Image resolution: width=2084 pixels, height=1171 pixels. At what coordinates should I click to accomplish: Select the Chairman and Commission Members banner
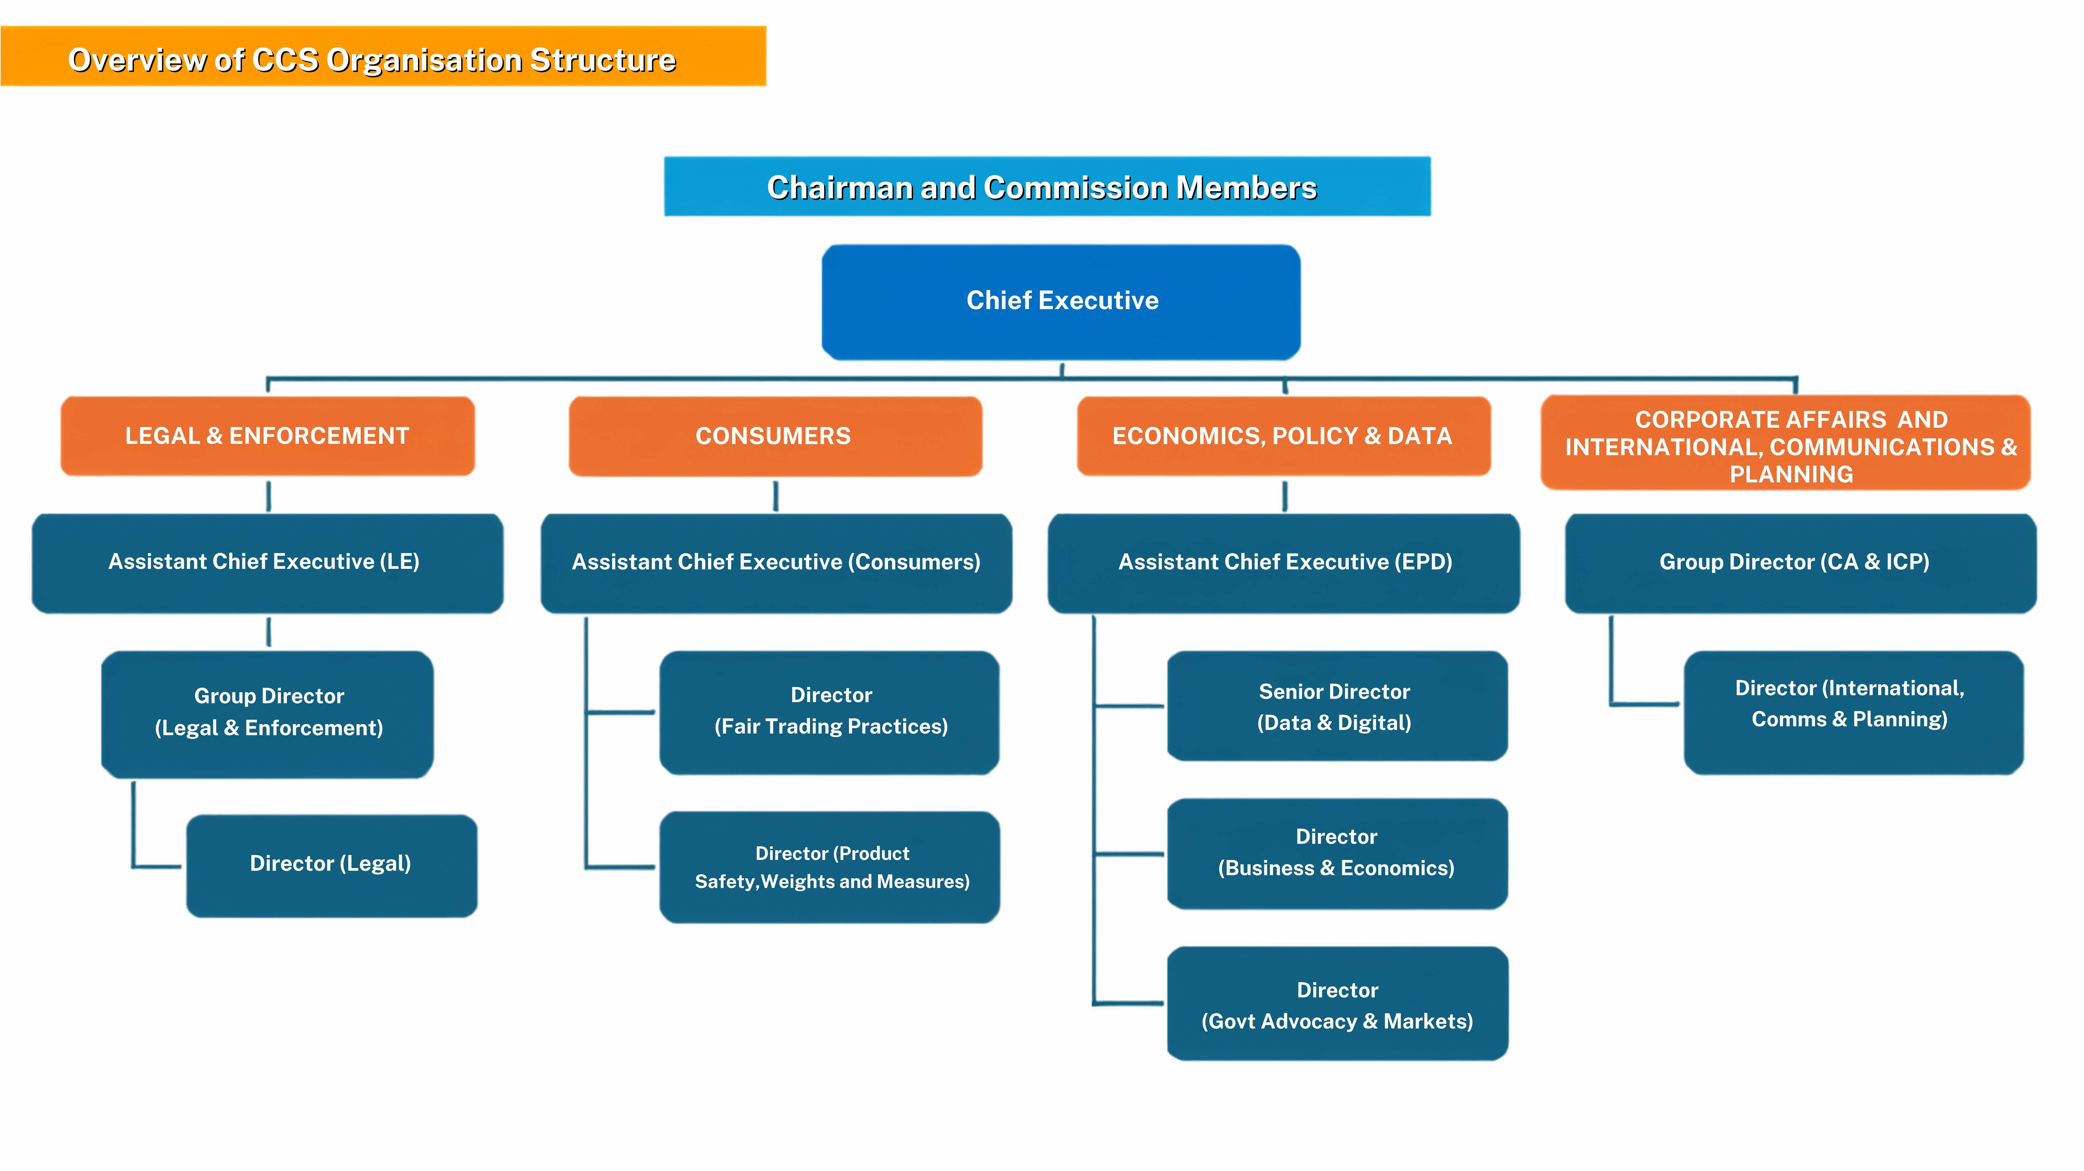point(1047,187)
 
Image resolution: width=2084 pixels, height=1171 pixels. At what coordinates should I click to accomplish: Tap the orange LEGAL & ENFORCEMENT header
point(268,436)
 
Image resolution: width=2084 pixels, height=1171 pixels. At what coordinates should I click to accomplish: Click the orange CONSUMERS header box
point(775,436)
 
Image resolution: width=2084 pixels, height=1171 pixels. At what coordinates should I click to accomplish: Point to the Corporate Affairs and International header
point(1786,442)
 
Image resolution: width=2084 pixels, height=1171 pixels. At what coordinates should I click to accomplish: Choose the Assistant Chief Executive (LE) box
point(268,563)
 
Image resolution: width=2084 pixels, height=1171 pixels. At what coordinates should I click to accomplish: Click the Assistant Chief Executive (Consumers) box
point(776,563)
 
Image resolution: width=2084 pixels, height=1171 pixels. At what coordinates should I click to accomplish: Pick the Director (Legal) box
point(332,865)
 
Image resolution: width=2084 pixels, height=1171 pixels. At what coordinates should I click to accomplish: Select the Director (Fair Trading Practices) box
point(829,712)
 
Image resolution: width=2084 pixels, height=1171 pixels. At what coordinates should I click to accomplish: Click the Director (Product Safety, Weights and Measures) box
point(829,867)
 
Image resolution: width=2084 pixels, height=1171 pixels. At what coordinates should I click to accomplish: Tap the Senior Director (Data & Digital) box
point(1337,706)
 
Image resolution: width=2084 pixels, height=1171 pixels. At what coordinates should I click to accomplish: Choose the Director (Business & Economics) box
point(1337,854)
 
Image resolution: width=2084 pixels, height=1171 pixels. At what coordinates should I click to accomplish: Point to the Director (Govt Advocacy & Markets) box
point(1337,1004)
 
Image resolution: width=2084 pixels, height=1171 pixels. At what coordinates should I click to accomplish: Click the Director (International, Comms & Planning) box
point(1853,712)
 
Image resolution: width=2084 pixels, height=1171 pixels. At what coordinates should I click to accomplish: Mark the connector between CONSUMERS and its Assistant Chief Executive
point(776,496)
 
